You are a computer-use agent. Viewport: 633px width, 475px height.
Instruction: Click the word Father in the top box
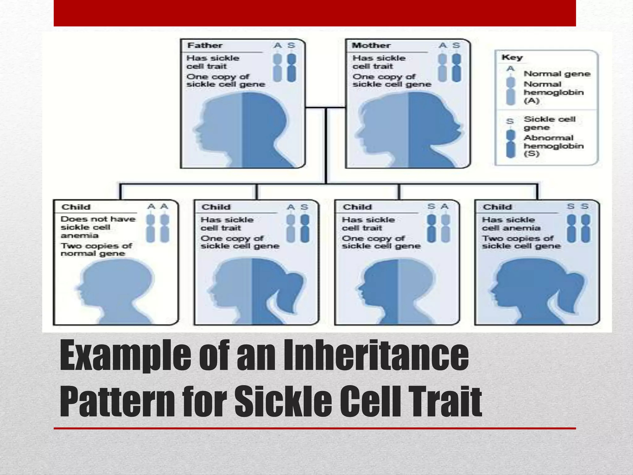(x=205, y=45)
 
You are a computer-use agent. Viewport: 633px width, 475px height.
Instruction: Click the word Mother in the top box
(x=371, y=45)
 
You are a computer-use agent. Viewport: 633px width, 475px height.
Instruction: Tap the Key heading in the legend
(x=512, y=57)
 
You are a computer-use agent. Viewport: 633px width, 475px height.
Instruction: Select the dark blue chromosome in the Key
(x=511, y=144)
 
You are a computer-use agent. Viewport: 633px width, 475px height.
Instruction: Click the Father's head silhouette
(x=241, y=130)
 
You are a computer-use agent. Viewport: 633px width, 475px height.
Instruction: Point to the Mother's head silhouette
(x=408, y=130)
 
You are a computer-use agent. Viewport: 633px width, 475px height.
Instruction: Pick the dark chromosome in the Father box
(x=291, y=68)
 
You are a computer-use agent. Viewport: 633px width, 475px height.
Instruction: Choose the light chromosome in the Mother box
(x=443, y=68)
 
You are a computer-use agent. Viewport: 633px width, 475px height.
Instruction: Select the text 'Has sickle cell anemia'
(x=511, y=224)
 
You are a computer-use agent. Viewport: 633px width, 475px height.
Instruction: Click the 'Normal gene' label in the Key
(x=557, y=74)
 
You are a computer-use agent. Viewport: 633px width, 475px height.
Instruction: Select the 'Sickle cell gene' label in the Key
(x=549, y=123)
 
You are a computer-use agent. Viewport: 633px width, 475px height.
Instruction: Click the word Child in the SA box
(x=357, y=207)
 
